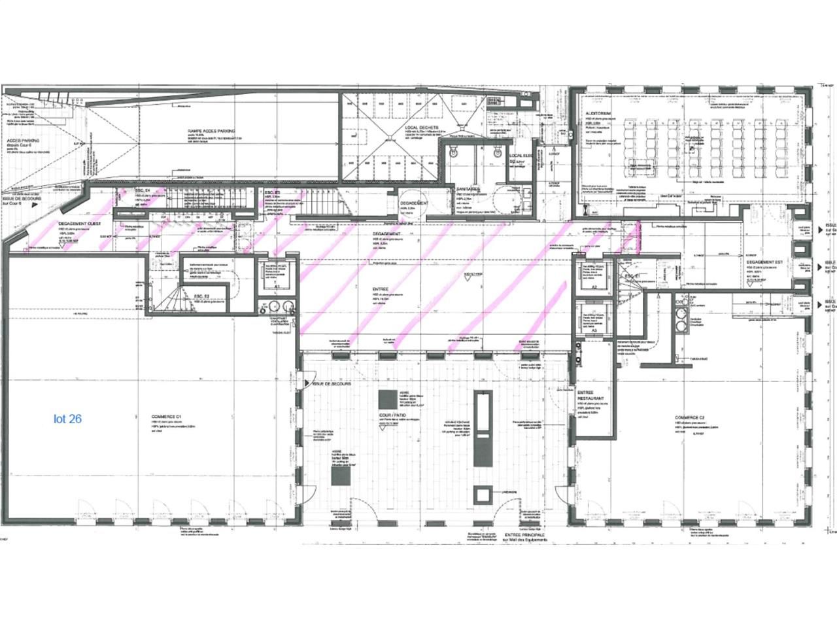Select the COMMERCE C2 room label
(x=689, y=417)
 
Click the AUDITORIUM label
(x=598, y=113)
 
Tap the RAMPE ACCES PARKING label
(x=211, y=131)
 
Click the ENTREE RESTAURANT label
(x=590, y=394)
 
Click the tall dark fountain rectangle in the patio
(x=483, y=428)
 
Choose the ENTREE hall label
(x=380, y=288)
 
